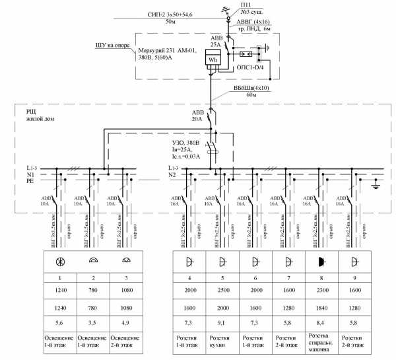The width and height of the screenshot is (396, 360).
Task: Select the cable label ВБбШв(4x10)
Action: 250,87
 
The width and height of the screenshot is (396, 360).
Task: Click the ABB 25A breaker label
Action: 216,42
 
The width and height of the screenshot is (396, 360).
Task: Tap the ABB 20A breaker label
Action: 198,116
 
